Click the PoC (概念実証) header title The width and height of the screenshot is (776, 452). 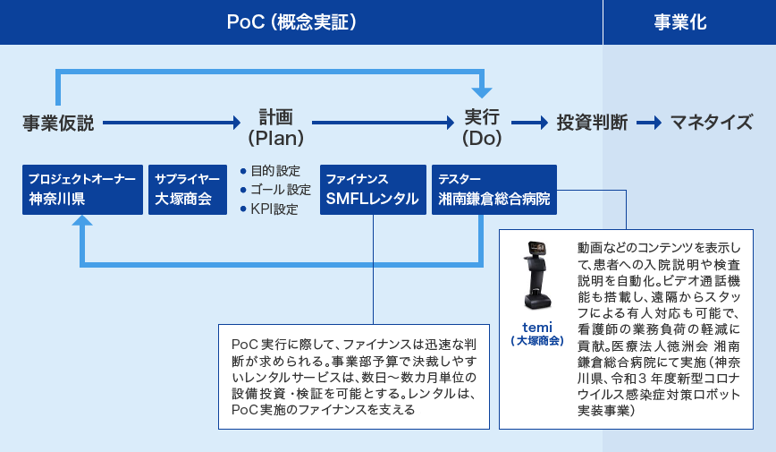click(x=291, y=22)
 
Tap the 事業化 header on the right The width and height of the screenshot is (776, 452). click(x=680, y=22)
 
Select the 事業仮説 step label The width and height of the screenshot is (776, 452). click(x=58, y=123)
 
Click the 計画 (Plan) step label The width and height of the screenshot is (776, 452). click(x=276, y=127)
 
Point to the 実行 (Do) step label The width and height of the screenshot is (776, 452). click(x=482, y=127)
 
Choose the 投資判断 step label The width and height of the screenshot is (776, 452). click(x=592, y=123)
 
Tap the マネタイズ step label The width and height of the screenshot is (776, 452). click(x=712, y=123)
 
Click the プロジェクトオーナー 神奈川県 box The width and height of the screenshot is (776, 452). click(x=82, y=190)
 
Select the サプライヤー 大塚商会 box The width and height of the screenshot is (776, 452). click(x=188, y=190)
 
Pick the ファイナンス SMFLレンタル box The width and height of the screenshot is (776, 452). click(x=373, y=190)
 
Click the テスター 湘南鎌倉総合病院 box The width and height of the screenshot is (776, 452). click(x=494, y=190)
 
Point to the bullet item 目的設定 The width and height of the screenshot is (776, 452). click(x=271, y=171)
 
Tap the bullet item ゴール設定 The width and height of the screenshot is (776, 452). click(x=275, y=190)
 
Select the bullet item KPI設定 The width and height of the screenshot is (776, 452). click(x=269, y=209)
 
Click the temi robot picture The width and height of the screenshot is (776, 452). click(x=537, y=275)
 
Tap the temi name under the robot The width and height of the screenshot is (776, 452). click(x=537, y=327)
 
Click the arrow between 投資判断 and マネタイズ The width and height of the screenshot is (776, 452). click(x=649, y=123)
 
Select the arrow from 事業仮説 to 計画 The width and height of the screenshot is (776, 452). click(x=172, y=123)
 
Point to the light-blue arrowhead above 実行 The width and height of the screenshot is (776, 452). click(x=482, y=92)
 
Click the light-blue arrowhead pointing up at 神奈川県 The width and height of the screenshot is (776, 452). click(x=82, y=220)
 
